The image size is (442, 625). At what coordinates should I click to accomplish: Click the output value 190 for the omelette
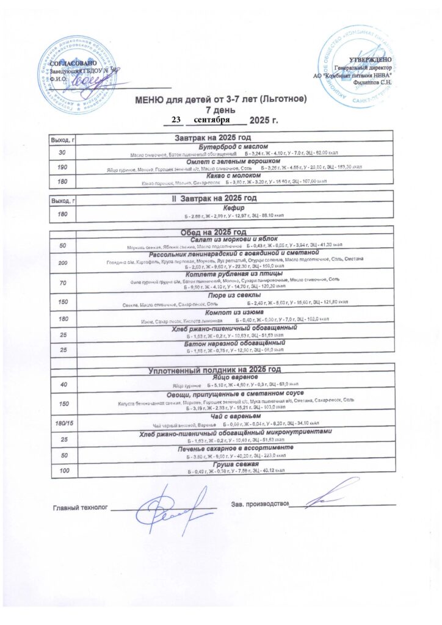coord(62,167)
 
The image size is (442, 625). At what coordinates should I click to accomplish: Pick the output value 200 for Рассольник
coord(62,262)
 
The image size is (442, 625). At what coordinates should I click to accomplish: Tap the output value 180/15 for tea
coord(62,422)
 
